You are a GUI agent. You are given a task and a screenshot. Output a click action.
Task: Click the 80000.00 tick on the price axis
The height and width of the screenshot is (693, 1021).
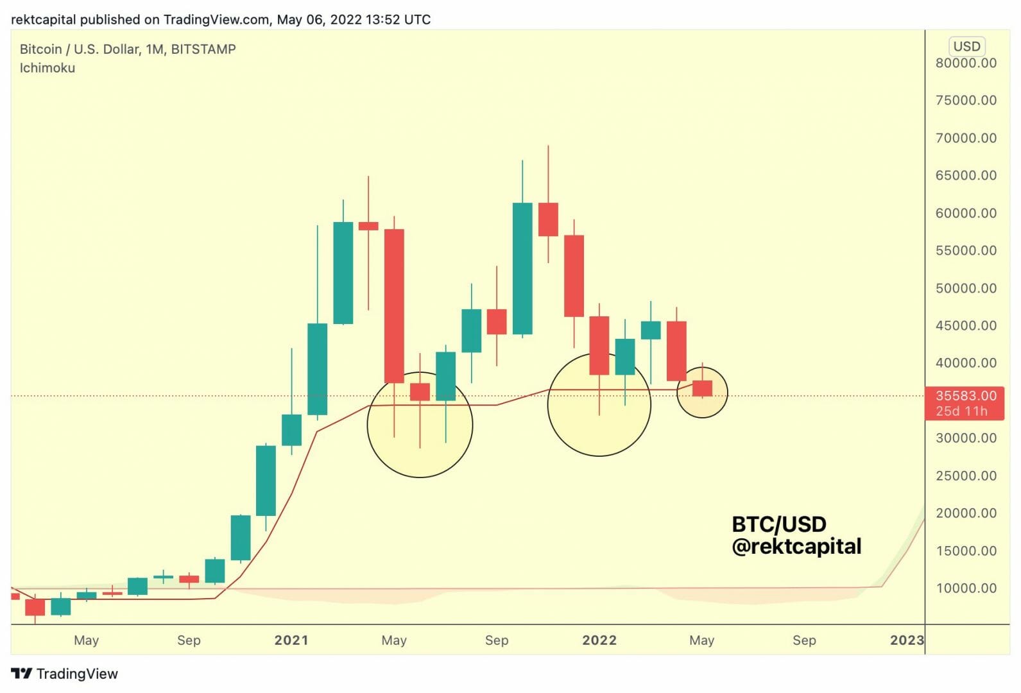(x=965, y=63)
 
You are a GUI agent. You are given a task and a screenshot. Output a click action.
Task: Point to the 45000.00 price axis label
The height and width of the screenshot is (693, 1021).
(x=965, y=325)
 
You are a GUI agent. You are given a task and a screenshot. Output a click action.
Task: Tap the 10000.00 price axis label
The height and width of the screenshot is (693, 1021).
(x=965, y=588)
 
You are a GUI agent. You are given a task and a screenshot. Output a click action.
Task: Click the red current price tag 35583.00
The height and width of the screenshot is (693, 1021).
(x=965, y=396)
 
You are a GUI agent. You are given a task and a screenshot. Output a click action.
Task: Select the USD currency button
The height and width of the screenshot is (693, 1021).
(x=966, y=46)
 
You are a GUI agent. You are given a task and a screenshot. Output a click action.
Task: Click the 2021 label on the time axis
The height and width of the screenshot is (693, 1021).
(x=291, y=640)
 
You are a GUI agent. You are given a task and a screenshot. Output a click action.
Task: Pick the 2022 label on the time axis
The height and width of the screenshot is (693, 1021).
(x=599, y=640)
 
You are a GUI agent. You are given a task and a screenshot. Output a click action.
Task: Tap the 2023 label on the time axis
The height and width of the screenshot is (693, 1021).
(x=906, y=640)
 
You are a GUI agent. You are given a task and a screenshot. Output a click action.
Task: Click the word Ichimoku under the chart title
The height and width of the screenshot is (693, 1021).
(x=47, y=68)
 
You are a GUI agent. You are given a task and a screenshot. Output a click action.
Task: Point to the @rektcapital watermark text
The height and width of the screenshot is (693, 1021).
(x=796, y=546)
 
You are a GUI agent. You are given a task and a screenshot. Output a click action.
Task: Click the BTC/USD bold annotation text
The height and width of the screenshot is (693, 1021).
(x=778, y=524)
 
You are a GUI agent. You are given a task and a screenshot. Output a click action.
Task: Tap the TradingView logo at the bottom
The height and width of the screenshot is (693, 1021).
(x=65, y=673)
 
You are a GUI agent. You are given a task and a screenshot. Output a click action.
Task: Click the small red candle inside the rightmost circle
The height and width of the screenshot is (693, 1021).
(x=702, y=388)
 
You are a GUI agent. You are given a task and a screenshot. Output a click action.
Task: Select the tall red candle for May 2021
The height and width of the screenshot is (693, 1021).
(x=394, y=306)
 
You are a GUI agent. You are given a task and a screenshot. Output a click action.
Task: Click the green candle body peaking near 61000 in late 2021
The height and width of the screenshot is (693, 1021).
(x=522, y=268)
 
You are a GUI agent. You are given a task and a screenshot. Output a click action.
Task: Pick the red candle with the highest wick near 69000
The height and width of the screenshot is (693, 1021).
(x=548, y=219)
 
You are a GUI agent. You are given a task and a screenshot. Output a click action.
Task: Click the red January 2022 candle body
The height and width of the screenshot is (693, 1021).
(x=599, y=345)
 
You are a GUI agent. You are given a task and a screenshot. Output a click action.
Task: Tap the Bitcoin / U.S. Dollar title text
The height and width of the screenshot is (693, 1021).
(x=127, y=49)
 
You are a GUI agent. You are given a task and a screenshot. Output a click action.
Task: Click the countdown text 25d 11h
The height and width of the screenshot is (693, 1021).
(x=961, y=411)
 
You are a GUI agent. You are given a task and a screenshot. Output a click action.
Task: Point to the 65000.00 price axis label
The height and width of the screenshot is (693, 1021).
(x=965, y=175)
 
